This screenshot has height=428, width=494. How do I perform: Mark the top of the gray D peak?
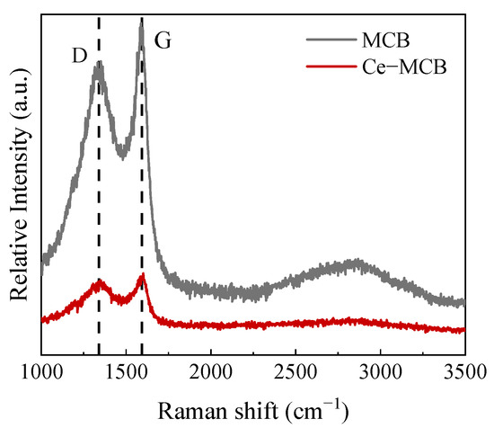pos(99,65)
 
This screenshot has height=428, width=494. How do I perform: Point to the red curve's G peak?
pos(141,277)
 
